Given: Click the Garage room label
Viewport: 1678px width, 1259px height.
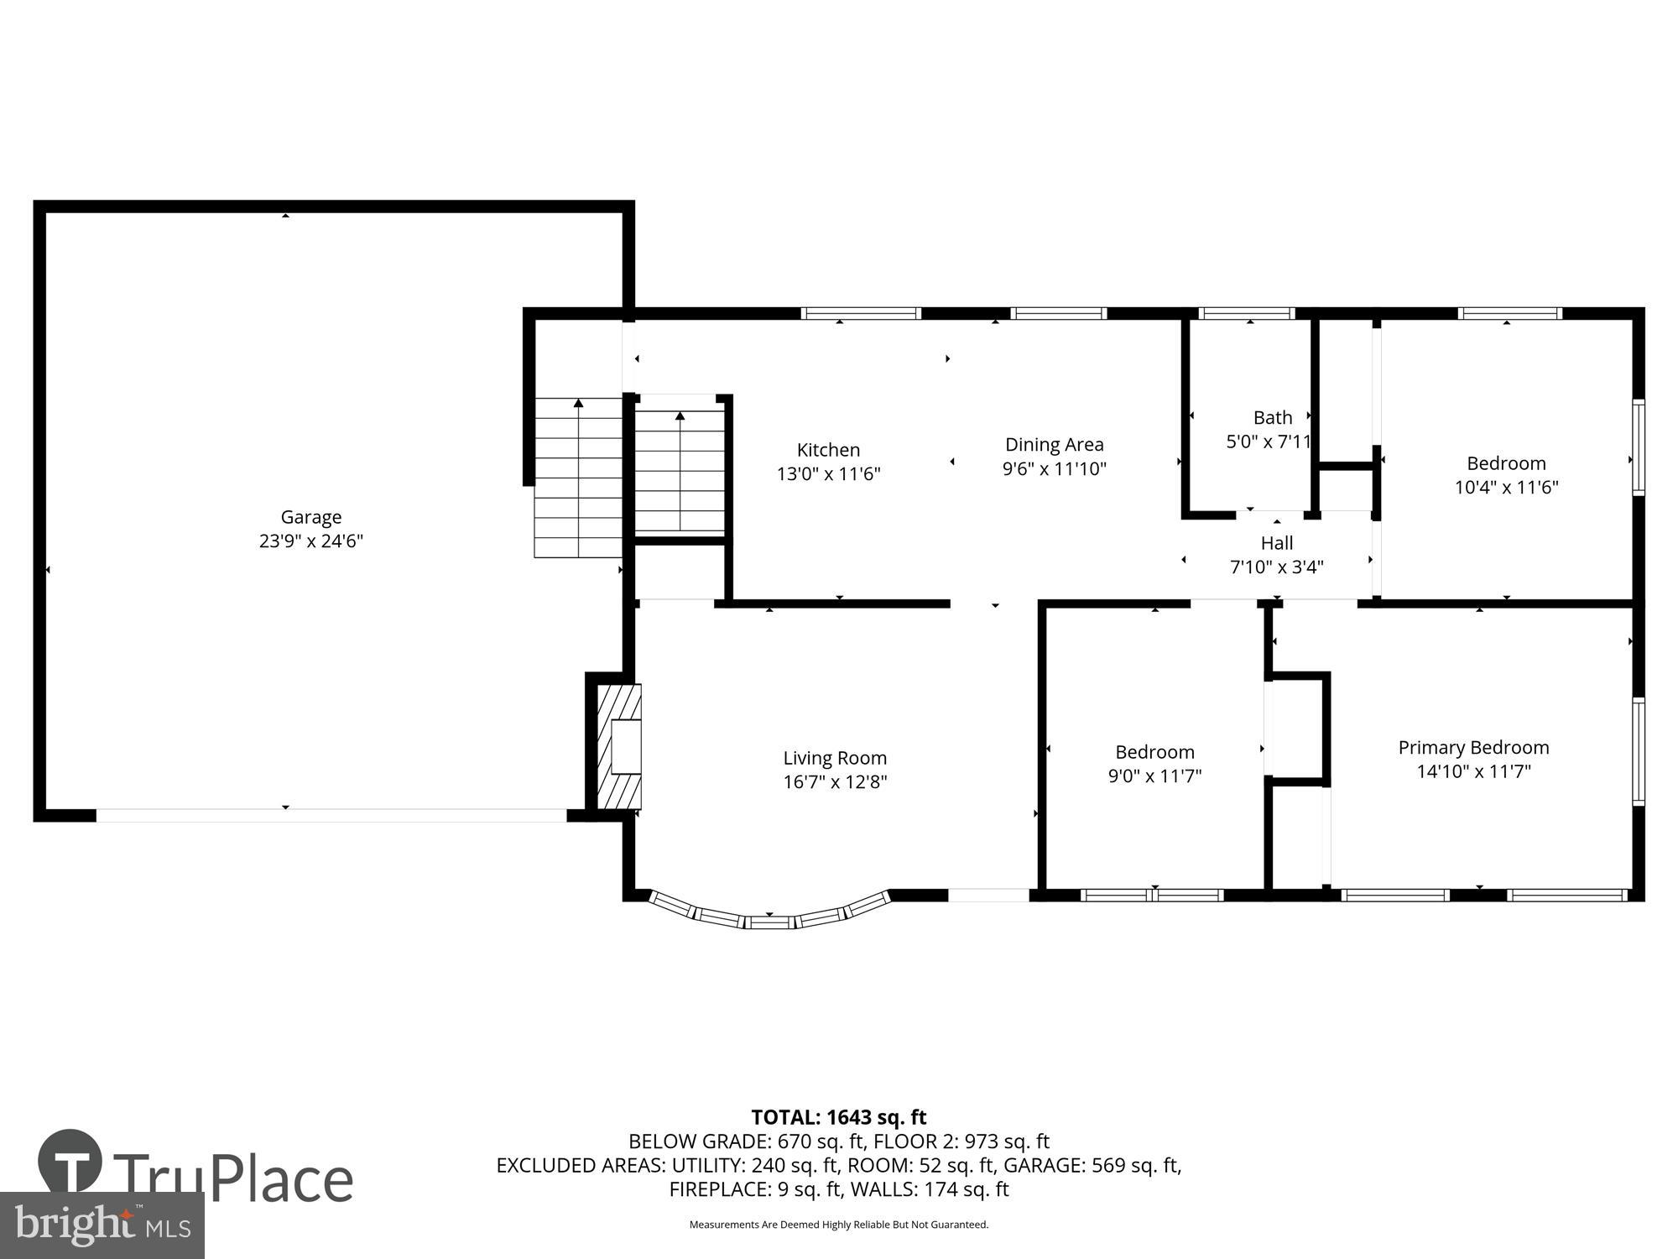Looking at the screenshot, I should [x=310, y=517].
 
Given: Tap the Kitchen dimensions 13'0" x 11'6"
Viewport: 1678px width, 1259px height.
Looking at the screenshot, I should [x=828, y=474].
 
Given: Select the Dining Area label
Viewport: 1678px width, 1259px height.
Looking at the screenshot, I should [x=1054, y=445].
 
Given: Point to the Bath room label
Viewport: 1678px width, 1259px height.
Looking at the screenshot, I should [x=1272, y=417].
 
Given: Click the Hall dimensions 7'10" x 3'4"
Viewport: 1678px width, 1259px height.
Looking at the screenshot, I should [x=1276, y=567].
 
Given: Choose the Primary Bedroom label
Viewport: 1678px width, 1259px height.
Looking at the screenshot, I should [x=1473, y=748].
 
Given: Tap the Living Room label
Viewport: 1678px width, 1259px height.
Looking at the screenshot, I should [x=835, y=758].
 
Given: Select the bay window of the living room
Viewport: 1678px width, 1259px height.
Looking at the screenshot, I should [x=769, y=917].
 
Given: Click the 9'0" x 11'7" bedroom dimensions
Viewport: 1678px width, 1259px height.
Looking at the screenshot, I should [x=1154, y=776].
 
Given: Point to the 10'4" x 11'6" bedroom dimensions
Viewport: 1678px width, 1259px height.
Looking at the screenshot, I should [x=1506, y=488].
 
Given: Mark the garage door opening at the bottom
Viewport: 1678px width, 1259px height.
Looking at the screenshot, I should [x=331, y=815].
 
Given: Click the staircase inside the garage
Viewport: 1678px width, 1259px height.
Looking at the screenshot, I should [x=578, y=478].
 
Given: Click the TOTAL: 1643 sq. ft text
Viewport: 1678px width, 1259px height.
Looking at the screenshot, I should [x=838, y=1117].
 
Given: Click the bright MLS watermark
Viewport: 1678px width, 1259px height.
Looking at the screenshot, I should [x=102, y=1225].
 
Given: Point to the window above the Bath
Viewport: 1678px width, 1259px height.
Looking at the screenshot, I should [x=1247, y=314].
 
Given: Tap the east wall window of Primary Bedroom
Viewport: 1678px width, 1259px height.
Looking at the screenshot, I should [x=1638, y=751].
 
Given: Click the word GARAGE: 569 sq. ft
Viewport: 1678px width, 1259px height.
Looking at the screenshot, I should [x=1092, y=1165].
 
